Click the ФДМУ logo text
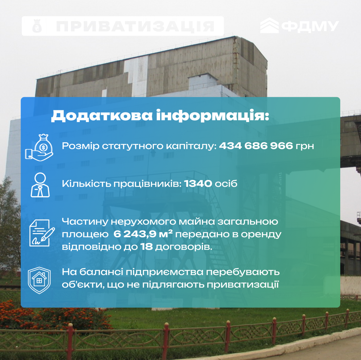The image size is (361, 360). click(x=310, y=26)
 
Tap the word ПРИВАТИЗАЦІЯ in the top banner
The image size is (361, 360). click(x=135, y=26)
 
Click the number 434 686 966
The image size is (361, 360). click(x=256, y=145)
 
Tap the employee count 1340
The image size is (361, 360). click(x=198, y=184)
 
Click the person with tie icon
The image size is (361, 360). click(x=40, y=185)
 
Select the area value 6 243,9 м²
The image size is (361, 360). click(x=143, y=234)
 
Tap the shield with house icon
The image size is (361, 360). click(x=39, y=280)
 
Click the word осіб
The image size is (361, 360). click(x=226, y=184)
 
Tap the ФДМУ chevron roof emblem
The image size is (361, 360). click(x=269, y=25)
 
